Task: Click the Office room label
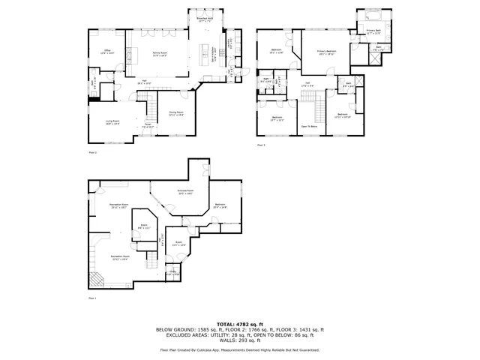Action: pyautogui.click(x=107, y=52)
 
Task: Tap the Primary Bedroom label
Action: pyautogui.click(x=326, y=52)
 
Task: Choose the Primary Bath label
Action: pyautogui.click(x=373, y=31)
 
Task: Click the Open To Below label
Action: pyautogui.click(x=309, y=127)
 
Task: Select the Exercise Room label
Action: pyautogui.click(x=186, y=193)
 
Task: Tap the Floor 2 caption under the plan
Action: pyautogui.click(x=93, y=152)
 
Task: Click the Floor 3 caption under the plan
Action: pyautogui.click(x=261, y=145)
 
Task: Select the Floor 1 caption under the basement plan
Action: pyautogui.click(x=93, y=298)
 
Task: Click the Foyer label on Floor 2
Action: pyautogui.click(x=148, y=127)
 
